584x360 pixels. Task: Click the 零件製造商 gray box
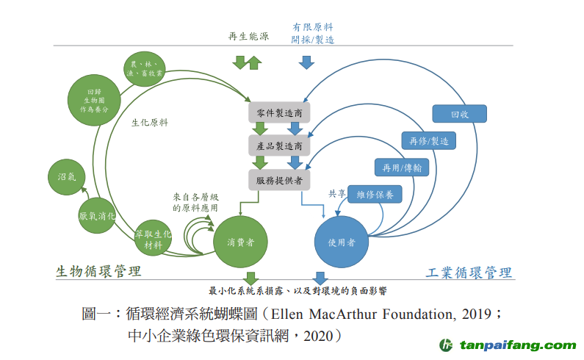click(x=280, y=112)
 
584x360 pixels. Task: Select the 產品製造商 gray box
click(x=280, y=145)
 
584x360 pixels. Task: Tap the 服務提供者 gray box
click(x=280, y=179)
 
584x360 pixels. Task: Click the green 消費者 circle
click(x=240, y=242)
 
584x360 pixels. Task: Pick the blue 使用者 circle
click(x=341, y=242)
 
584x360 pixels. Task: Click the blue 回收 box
click(x=459, y=114)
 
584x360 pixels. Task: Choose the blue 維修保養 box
click(x=375, y=194)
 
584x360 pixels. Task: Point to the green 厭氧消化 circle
click(x=97, y=216)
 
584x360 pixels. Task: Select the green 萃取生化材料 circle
click(x=153, y=239)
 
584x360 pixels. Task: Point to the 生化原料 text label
click(x=149, y=123)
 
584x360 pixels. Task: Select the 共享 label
click(x=336, y=194)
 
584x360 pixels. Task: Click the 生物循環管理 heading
click(x=98, y=272)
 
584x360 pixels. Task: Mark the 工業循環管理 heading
click(x=468, y=273)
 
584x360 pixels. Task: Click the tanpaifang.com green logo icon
click(x=445, y=345)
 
